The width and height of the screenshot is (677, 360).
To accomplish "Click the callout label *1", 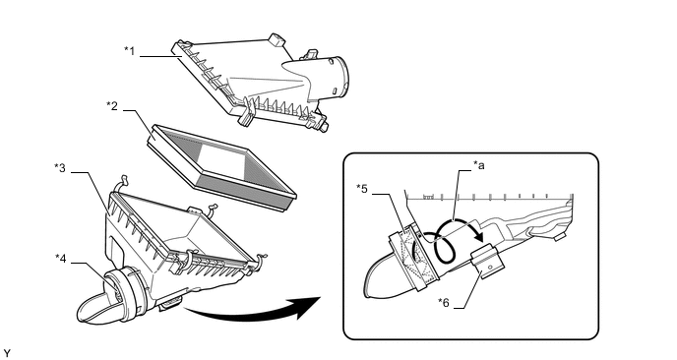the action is (x=130, y=51).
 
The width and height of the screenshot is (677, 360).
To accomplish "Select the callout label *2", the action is (x=112, y=106).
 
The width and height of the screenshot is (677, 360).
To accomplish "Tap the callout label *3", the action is (x=60, y=168).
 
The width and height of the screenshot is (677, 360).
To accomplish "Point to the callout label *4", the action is (x=61, y=258).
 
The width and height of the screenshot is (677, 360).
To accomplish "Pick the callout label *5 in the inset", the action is (x=362, y=189).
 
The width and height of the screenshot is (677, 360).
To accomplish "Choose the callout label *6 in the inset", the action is (x=444, y=303).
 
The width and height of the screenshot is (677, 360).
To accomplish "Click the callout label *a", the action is (x=479, y=164).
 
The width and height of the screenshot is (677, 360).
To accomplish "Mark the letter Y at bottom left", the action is (x=6, y=354).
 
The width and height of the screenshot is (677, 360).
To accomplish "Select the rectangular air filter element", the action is (x=222, y=167).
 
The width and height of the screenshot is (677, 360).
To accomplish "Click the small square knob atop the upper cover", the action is (x=276, y=39).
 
